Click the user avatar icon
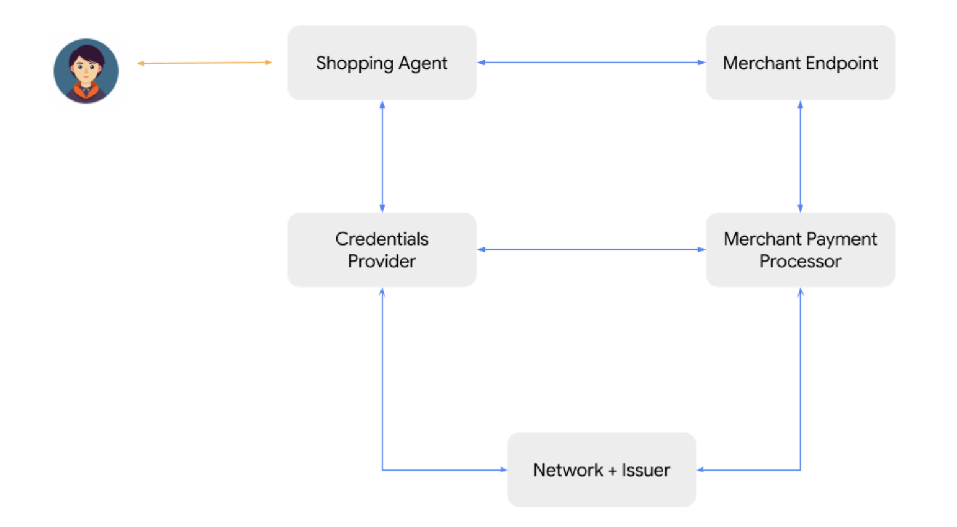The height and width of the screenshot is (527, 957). tap(86, 71)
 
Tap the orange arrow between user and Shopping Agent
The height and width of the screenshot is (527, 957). tap(204, 63)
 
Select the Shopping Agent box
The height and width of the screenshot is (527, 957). tap(382, 63)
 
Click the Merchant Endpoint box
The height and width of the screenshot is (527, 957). tap(800, 63)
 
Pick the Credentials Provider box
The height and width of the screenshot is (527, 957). tap(382, 250)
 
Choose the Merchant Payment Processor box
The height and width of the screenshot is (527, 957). tap(800, 250)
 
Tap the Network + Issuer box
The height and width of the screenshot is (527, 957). tap(601, 469)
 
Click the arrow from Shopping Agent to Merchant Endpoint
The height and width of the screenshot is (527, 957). tap(591, 62)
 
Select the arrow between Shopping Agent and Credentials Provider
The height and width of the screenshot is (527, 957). tap(382, 156)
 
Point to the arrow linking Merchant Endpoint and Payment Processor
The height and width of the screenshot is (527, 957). tap(800, 156)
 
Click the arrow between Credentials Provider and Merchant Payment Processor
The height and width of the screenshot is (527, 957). tap(591, 249)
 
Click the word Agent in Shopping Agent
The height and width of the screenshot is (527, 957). tap(423, 64)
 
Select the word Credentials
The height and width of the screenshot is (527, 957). tap(382, 239)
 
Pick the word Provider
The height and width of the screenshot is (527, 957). tap(382, 261)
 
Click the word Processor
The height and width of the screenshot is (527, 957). tap(800, 261)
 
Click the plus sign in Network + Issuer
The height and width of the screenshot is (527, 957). tap(613, 471)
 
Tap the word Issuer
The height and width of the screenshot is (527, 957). tap(646, 470)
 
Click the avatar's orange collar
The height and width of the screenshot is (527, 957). tap(86, 91)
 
